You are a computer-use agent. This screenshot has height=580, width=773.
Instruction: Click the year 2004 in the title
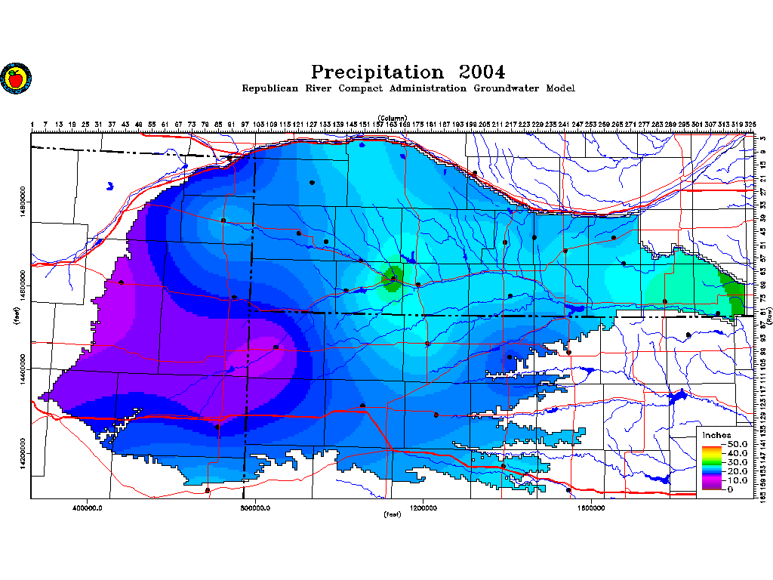pyautogui.click(x=481, y=72)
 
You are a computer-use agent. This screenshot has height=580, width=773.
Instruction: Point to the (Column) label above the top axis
pyautogui.click(x=393, y=118)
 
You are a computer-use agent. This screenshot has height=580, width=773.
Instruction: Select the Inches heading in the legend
pyautogui.click(x=716, y=435)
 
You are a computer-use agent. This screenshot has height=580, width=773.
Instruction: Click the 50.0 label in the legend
pyautogui.click(x=737, y=443)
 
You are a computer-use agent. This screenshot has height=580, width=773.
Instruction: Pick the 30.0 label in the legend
pyautogui.click(x=737, y=461)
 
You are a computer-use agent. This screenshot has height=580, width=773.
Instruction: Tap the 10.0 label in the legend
pyautogui.click(x=737, y=480)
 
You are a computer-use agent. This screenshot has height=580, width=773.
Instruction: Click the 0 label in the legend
pyautogui.click(x=730, y=489)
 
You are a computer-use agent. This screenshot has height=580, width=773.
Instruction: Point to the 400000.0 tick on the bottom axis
pyautogui.click(x=88, y=508)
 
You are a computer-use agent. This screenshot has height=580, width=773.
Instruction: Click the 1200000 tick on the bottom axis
pyautogui.click(x=423, y=508)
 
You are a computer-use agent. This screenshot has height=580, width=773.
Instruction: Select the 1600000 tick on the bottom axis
pyautogui.click(x=592, y=508)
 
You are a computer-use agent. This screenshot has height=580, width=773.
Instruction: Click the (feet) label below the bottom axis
pyautogui.click(x=393, y=515)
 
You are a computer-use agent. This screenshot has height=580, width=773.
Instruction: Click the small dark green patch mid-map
pyautogui.click(x=393, y=278)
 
